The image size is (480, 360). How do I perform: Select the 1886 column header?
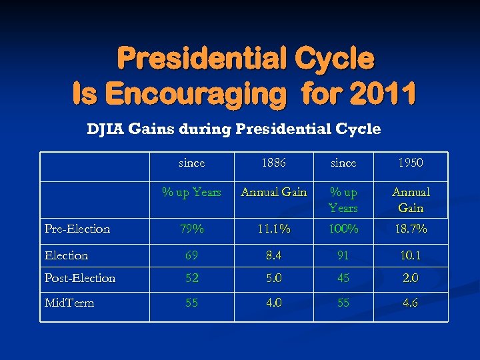(273, 163)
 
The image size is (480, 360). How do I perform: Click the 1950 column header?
(410, 163)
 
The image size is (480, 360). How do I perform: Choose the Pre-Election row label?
(77, 229)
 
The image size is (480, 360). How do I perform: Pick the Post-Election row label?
(79, 278)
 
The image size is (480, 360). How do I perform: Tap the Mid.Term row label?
(69, 303)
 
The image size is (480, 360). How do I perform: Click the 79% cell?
(192, 229)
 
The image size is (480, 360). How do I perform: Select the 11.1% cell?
(273, 229)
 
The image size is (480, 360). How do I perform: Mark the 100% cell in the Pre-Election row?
(343, 229)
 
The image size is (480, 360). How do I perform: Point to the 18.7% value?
(410, 229)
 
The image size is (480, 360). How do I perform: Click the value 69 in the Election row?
(192, 255)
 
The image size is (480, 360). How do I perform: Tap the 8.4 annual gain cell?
(273, 255)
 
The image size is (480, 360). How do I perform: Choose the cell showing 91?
(343, 255)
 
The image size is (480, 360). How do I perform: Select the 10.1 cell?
(410, 255)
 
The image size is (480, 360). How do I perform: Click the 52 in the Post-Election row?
(192, 278)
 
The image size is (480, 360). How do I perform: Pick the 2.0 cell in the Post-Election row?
(410, 278)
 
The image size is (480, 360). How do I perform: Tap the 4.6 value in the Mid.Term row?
(410, 303)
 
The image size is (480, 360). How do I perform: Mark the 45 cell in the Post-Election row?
(343, 278)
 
